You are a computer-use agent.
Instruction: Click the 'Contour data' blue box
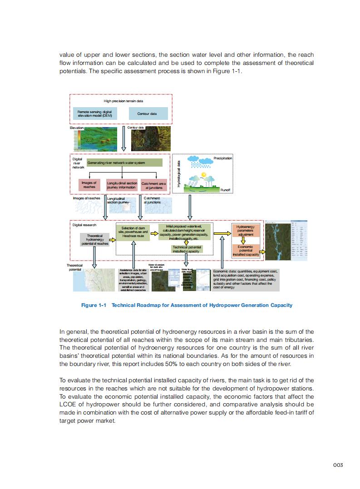tap(147, 114)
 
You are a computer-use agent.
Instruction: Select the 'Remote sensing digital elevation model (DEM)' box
tap(94, 114)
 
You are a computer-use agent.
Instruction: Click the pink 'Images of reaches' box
tap(89, 185)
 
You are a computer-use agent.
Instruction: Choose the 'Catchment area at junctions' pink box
tap(154, 185)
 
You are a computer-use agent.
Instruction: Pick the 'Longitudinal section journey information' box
tap(121, 185)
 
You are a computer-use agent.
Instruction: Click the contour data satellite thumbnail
tap(144, 139)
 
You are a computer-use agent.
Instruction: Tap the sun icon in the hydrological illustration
tap(204, 174)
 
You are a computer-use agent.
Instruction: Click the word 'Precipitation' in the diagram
tap(222, 158)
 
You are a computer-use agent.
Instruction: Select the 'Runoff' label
tap(226, 190)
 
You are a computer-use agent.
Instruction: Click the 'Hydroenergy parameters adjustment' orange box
tap(246, 230)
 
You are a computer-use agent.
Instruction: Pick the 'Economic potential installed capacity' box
tap(246, 251)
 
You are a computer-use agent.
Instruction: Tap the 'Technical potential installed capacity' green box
tap(187, 249)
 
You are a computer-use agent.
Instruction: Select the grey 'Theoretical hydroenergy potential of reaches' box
tap(95, 240)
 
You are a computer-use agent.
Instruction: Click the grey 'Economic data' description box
tap(246, 279)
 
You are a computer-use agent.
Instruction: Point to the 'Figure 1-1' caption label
tap(94, 305)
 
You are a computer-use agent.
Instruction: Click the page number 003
tap(337, 464)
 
